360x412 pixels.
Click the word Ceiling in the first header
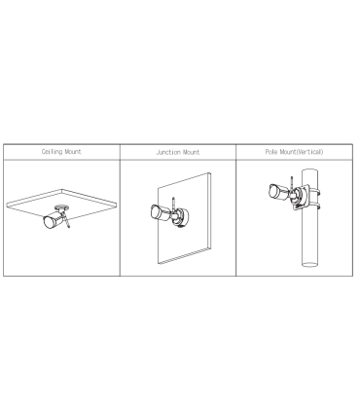coord(52,152)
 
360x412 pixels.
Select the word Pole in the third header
coord(271,152)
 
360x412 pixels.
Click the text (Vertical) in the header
coord(309,152)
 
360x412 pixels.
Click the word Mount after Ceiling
coord(73,152)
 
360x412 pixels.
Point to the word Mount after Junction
coord(192,152)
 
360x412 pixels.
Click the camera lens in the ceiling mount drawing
coord(49,222)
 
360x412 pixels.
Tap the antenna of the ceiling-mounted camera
coord(66,220)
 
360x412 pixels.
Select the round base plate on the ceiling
coord(61,206)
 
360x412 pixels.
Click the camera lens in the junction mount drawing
coord(156,212)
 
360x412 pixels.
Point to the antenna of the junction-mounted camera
coord(174,205)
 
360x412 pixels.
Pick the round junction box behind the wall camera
coord(184,217)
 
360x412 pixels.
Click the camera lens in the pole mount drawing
coord(274,191)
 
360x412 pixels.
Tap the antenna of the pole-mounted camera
coord(292,184)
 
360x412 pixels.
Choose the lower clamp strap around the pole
coord(315,206)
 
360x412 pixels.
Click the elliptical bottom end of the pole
coord(309,264)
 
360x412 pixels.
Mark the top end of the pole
coord(309,170)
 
